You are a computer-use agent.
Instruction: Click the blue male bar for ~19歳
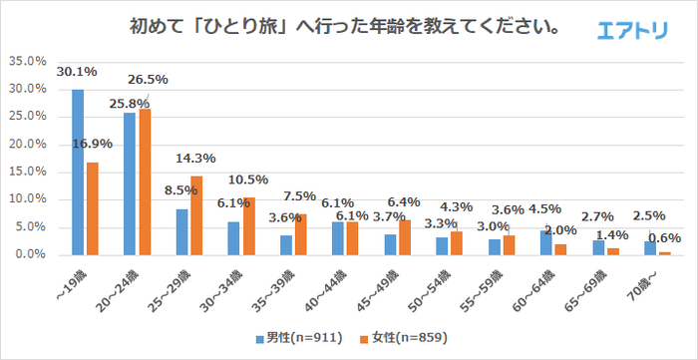click(78, 172)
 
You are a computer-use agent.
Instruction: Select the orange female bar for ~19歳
click(93, 208)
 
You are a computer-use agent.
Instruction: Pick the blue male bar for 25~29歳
click(181, 231)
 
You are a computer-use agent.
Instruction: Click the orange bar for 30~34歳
click(248, 226)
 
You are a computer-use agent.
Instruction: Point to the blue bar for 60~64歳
click(546, 242)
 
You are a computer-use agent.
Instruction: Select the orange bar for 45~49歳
click(404, 237)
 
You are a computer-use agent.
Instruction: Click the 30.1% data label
click(77, 72)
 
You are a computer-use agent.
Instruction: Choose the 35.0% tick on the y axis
click(28, 62)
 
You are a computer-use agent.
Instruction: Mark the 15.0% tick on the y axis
click(28, 172)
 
